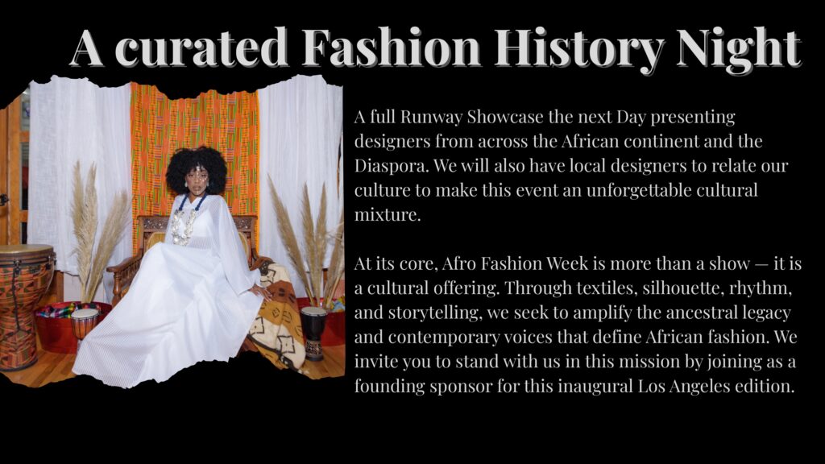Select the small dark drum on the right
coord(313,331)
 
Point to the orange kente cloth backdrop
coord(193,121)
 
